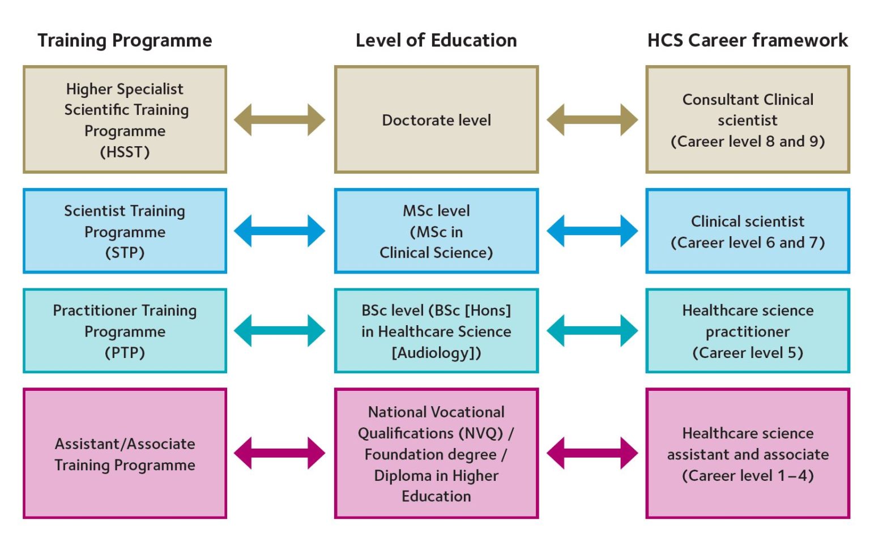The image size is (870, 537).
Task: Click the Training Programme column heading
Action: coord(125,41)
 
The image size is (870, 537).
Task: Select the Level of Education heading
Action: coord(436,41)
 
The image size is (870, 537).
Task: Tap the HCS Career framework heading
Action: coord(748,41)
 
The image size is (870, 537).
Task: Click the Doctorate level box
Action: coord(436,120)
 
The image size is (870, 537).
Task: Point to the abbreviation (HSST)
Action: coord(125,152)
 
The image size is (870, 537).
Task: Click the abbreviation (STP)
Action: coord(125,253)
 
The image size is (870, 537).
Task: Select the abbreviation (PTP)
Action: coord(125,353)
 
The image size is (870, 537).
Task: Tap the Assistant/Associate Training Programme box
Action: coord(125,454)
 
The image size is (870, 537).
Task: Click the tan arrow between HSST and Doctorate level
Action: coord(280,120)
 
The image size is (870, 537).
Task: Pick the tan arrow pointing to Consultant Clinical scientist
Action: coord(592,120)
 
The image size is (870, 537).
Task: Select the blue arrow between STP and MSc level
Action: coord(280,231)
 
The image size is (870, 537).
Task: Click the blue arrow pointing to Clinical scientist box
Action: coord(592,231)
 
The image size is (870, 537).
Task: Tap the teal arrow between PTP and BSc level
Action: coord(280,331)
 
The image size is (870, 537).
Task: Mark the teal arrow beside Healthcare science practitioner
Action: coord(592,331)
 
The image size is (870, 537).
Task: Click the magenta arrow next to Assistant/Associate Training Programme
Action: coord(280,453)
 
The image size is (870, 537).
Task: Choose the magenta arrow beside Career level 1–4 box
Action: coord(592,453)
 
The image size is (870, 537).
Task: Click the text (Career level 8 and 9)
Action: coord(748,142)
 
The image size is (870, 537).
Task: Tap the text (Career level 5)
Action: coord(748,353)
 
